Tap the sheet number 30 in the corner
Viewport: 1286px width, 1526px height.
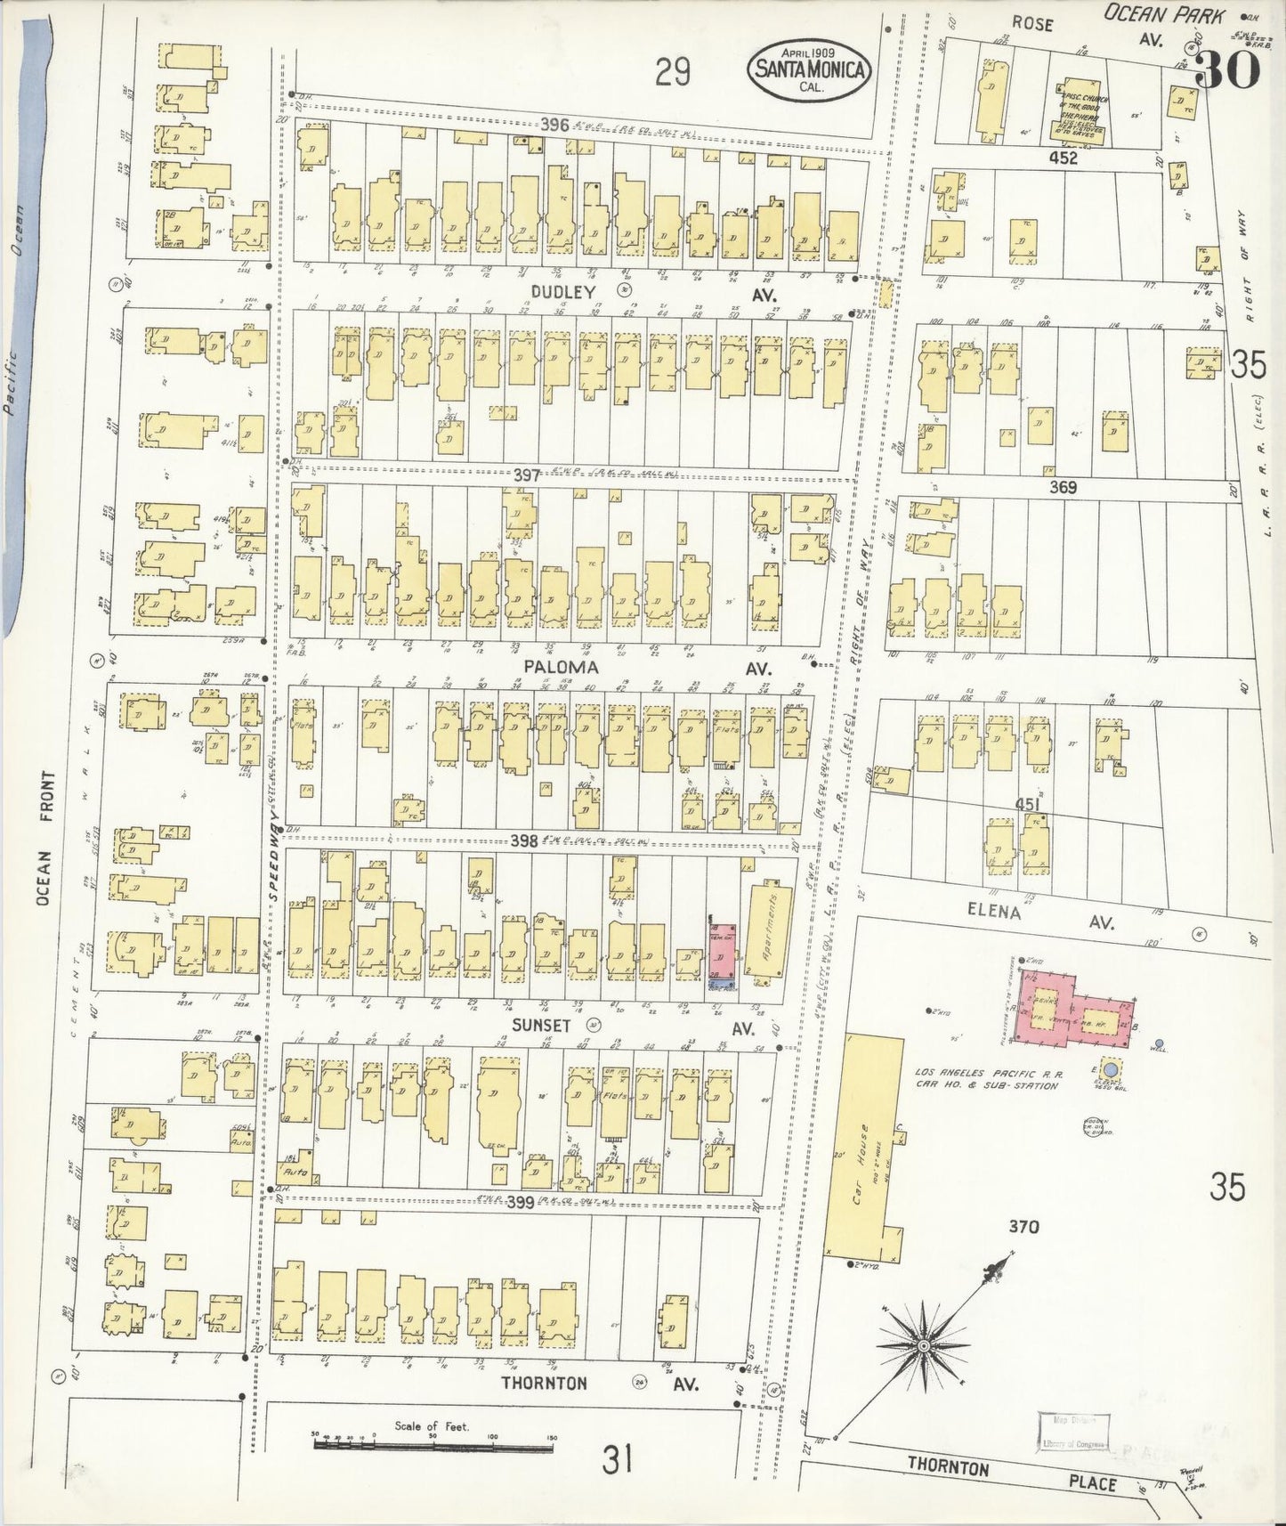[x=1225, y=69]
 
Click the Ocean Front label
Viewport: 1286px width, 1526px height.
[x=47, y=839]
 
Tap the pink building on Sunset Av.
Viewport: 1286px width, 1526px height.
[x=722, y=948]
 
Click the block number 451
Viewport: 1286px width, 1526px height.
[x=1028, y=805]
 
